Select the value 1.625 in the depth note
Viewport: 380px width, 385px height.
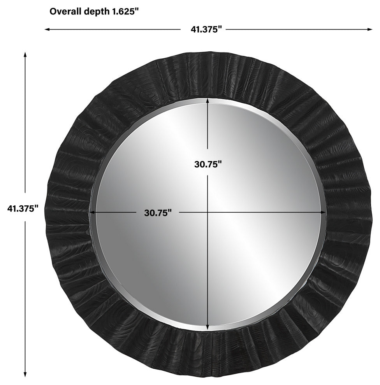point(122,11)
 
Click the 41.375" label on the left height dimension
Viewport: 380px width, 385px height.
point(23,208)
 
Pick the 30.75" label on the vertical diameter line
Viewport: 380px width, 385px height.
point(208,164)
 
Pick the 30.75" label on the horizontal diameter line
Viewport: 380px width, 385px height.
point(158,213)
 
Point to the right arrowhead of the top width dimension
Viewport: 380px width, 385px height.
point(370,30)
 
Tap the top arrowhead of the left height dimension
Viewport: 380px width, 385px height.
point(25,54)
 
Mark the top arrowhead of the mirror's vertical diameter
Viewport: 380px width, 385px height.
point(208,101)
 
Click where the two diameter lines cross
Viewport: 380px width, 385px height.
point(208,213)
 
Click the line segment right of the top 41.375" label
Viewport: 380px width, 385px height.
point(299,30)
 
